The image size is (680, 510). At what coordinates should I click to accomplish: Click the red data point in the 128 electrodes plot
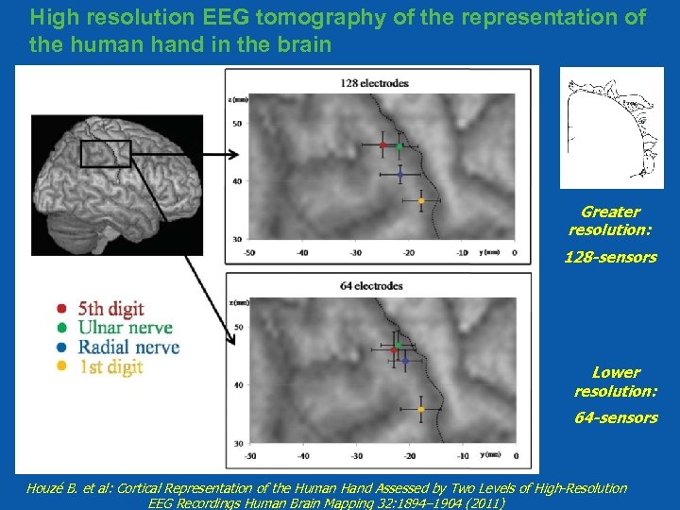(382, 145)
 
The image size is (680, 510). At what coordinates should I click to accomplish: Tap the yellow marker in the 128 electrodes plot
(421, 200)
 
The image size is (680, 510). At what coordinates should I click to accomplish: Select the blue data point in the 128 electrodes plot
(400, 175)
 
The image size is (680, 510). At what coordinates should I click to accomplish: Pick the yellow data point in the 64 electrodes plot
(421, 410)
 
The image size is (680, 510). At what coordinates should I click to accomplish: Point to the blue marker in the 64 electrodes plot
(404, 361)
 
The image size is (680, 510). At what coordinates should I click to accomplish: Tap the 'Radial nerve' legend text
(129, 348)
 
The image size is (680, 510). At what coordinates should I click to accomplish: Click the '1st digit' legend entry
(111, 367)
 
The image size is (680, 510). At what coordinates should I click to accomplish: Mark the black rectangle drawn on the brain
(105, 154)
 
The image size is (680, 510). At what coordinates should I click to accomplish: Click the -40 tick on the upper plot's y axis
(302, 252)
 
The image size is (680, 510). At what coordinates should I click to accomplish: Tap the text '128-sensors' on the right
(610, 257)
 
